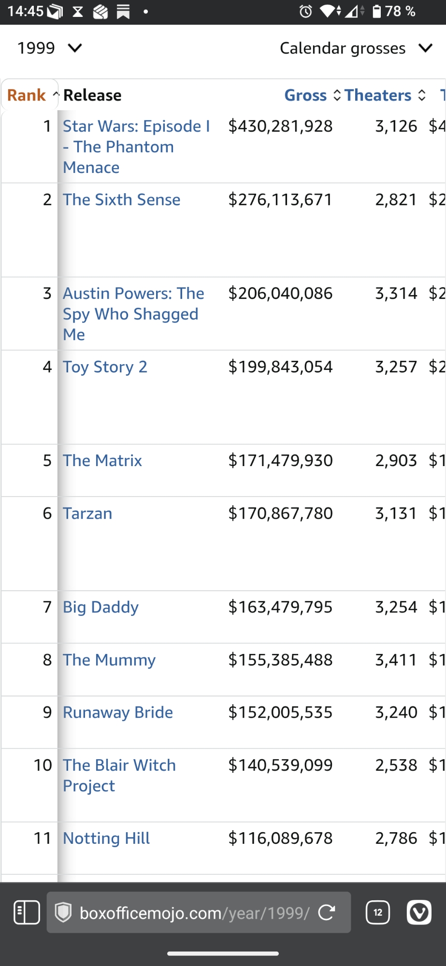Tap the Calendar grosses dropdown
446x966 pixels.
pos(355,48)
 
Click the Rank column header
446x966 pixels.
pos(27,95)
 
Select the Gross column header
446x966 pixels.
pos(305,95)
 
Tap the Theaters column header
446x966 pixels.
pos(378,95)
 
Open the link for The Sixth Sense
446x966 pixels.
pos(121,199)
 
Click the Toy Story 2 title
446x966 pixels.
pos(105,367)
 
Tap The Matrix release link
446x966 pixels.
pos(102,461)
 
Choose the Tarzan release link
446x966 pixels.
pos(87,513)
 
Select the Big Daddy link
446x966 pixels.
pos(101,607)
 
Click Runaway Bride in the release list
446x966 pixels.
pos(118,712)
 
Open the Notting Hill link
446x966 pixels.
pos(106,838)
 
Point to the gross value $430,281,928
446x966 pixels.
pos(280,126)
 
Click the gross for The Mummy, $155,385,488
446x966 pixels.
pos(280,660)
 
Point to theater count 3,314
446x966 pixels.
pos(396,293)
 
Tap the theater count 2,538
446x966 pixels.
pos(396,765)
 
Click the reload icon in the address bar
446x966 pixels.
pos(327,912)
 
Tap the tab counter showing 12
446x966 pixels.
pos(378,912)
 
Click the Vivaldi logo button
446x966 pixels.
pos(419,912)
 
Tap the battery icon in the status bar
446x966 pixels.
pos(377,11)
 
